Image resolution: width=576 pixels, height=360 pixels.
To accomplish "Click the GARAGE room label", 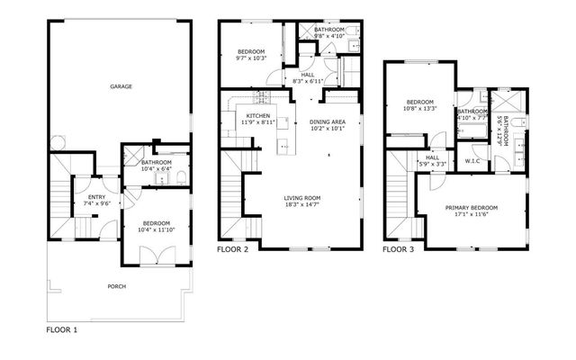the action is [121, 86].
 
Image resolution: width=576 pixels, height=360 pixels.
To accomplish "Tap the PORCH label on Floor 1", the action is [117, 286].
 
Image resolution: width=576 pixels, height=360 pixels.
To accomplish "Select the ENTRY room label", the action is [96, 197].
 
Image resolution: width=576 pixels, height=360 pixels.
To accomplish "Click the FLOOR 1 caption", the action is [62, 330].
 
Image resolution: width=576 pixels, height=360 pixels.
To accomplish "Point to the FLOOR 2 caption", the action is [232, 250].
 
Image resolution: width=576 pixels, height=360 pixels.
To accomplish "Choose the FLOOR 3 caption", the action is [398, 250].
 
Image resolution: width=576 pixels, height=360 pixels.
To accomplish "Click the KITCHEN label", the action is [258, 116].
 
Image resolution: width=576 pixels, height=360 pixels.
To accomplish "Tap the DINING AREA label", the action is [328, 122].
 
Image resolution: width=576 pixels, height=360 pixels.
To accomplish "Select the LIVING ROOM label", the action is [302, 198].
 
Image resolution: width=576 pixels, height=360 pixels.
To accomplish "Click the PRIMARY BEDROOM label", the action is [472, 208].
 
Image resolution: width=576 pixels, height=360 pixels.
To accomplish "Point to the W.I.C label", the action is [472, 161].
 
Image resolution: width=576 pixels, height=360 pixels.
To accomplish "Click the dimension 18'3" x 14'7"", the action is [302, 204].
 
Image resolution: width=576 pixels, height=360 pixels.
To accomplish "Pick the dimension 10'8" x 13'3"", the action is [420, 108].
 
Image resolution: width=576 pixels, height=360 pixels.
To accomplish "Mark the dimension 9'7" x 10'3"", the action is [251, 58].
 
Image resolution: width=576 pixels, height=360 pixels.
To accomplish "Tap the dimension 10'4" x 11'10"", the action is [156, 230].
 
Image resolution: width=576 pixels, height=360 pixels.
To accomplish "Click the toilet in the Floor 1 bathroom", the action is [182, 178].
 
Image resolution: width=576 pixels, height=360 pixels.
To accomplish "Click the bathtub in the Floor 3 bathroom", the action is [472, 131].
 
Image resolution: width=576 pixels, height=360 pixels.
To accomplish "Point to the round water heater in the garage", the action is [58, 142].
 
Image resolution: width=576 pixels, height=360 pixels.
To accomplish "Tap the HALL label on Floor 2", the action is [308, 75].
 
